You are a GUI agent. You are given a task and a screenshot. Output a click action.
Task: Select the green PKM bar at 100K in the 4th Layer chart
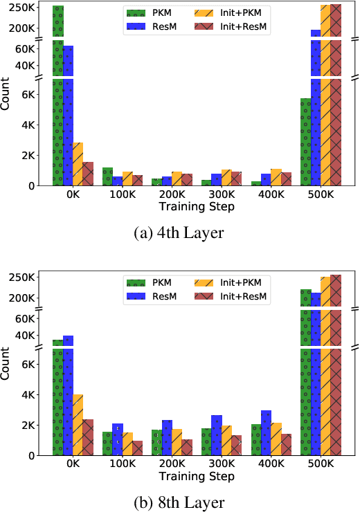(x=107, y=176)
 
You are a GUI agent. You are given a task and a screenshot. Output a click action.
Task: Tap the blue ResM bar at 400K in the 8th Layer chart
(x=266, y=432)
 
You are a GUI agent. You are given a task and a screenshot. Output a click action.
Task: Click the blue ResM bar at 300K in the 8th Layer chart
(x=217, y=435)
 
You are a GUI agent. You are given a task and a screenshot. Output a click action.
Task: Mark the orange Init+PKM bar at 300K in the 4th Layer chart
(x=226, y=178)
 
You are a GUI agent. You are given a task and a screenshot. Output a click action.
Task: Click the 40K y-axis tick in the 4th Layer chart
(x=33, y=66)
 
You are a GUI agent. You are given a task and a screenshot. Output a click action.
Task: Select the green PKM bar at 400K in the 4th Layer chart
(x=256, y=183)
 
